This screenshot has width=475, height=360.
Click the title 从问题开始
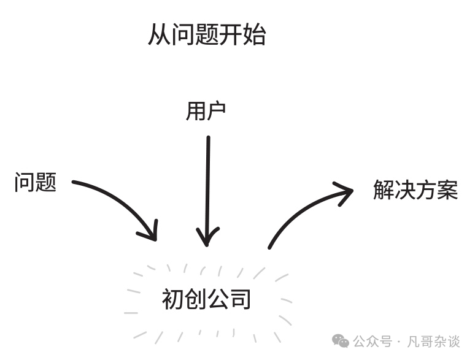pos(207,36)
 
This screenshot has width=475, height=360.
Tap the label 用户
pos(206,111)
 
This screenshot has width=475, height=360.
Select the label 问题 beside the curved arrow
pos(36,182)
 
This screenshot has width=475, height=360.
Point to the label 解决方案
pos(415,190)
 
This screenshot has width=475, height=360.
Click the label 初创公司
pos(207,300)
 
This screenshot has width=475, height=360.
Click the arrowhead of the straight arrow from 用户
pos(207,238)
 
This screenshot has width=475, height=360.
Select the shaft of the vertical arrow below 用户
pos(207,184)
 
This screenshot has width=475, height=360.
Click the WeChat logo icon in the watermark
pos(341,341)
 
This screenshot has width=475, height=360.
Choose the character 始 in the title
pos(255,36)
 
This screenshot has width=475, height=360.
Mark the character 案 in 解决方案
pos(447,190)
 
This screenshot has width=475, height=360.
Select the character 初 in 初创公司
pos(173,300)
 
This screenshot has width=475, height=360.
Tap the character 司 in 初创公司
pos(241,300)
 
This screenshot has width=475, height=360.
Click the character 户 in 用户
pos(217,111)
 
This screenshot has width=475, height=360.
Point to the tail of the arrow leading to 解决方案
pos(271,247)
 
